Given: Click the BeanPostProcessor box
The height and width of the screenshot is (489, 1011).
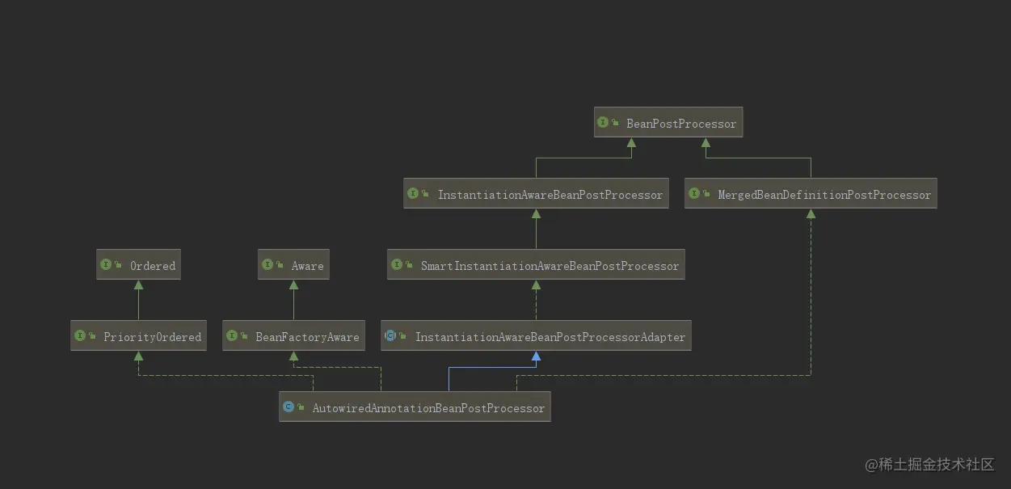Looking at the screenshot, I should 668,124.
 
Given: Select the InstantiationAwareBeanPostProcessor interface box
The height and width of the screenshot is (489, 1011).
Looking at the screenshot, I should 536,194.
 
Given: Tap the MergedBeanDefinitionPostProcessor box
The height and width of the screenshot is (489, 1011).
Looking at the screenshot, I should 811,194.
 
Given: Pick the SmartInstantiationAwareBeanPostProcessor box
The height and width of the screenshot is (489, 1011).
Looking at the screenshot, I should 536,265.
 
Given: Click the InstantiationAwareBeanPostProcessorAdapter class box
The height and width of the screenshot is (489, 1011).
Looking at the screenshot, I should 536,336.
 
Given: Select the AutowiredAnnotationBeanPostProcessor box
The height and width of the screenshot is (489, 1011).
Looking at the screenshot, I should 415,407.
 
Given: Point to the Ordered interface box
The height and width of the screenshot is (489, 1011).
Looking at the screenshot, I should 138,265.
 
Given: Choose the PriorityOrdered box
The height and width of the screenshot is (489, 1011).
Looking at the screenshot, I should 138,336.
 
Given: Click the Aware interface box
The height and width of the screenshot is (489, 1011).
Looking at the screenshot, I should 293,265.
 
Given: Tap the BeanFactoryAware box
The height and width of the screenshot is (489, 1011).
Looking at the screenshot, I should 293,336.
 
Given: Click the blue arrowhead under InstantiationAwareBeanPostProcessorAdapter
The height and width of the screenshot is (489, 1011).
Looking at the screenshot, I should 536,356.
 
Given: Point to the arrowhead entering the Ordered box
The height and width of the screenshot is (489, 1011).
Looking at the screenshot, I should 138,285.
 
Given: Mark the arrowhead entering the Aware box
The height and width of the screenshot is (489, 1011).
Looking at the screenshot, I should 293,285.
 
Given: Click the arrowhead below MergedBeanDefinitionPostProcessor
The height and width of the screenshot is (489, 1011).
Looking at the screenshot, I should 811,213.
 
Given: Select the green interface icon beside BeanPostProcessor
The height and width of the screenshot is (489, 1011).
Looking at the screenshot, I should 603,123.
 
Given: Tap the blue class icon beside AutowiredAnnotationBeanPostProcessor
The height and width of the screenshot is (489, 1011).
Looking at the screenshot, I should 289,407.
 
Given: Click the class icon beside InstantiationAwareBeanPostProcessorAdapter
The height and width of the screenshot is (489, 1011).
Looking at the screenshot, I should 390,335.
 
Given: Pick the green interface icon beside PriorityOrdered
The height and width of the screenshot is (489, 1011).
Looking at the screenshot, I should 79,335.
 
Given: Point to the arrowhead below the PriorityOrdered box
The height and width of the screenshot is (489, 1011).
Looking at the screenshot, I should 138,356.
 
